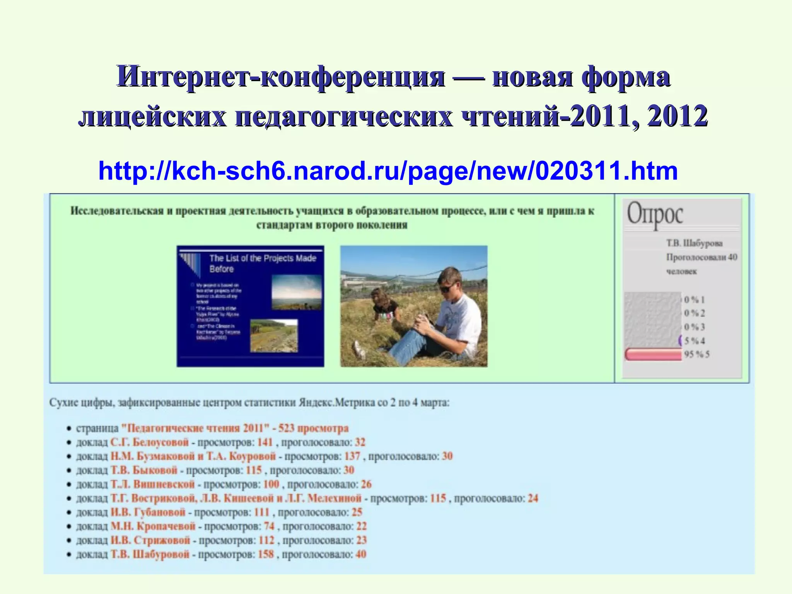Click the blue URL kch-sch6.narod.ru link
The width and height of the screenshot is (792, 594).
388,171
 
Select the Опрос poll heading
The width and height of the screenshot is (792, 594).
655,214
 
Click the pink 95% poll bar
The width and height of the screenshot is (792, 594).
653,354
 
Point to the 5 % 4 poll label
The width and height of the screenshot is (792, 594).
695,341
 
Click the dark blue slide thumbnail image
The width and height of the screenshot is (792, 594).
250,306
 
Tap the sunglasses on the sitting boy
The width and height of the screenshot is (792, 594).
449,288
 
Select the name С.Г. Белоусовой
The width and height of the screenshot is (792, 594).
149,442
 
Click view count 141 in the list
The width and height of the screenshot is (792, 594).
265,442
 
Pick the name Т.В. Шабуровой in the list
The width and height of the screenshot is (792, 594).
150,554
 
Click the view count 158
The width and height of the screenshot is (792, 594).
266,554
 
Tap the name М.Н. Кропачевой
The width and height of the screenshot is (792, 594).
153,526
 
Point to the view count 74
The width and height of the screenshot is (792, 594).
269,526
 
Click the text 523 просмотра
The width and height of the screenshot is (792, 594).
313,428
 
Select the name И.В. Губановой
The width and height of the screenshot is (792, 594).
148,512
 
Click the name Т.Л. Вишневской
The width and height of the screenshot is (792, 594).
152,484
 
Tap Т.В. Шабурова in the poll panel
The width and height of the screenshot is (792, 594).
694,243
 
